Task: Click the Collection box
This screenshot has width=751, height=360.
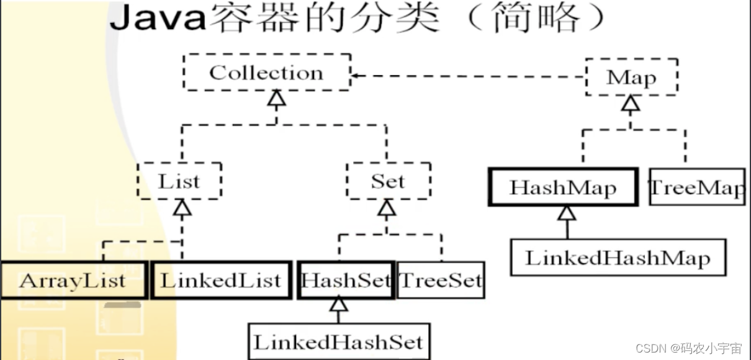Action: (267, 73)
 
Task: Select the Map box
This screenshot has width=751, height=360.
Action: (631, 78)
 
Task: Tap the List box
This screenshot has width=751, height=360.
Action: (179, 181)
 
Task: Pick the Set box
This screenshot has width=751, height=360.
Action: (388, 181)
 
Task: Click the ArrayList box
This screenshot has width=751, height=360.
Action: (73, 280)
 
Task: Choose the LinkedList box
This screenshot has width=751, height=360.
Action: (221, 280)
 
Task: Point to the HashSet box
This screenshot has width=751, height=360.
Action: (346, 280)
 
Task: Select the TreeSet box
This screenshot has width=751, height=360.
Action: (440, 281)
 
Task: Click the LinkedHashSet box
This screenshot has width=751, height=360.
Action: (338, 341)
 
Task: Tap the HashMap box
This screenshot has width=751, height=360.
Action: (563, 187)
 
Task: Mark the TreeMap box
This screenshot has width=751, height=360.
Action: (696, 187)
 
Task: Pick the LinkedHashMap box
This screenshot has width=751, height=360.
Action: (618, 258)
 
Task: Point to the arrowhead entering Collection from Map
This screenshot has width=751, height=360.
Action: (356, 76)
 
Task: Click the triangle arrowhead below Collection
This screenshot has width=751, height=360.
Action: (277, 97)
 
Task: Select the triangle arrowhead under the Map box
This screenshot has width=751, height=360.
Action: (631, 103)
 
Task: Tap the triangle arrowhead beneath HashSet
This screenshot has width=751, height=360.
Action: (338, 304)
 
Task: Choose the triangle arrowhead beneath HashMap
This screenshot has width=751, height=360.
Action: (567, 213)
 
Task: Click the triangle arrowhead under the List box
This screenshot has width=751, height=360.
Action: (182, 207)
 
